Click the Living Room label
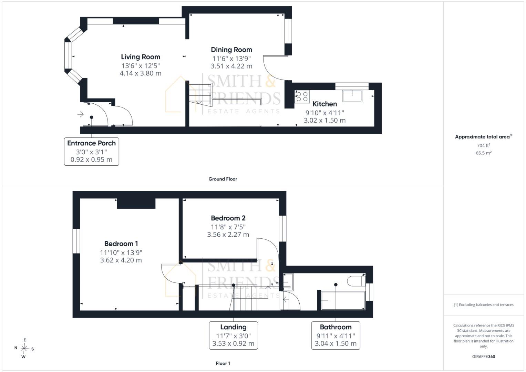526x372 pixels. pyautogui.click(x=141, y=57)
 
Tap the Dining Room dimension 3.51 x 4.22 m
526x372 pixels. pyautogui.click(x=231, y=66)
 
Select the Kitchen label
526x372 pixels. pyautogui.click(x=325, y=104)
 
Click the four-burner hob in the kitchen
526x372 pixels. pyautogui.click(x=302, y=97)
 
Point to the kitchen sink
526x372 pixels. pyautogui.click(x=352, y=96)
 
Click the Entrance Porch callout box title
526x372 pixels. pyautogui.click(x=91, y=143)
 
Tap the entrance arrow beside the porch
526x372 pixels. pyautogui.click(x=81, y=114)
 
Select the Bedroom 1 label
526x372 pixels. pyautogui.click(x=121, y=244)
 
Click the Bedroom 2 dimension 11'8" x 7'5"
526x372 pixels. pyautogui.click(x=228, y=227)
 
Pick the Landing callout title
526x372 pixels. pyautogui.click(x=234, y=327)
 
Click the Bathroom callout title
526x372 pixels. pyautogui.click(x=336, y=327)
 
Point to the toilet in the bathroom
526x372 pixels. pyautogui.click(x=356, y=281)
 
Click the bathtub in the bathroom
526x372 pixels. pyautogui.click(x=343, y=301)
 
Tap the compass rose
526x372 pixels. pyautogui.click(x=24, y=349)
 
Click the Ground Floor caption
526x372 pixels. pyautogui.click(x=223, y=179)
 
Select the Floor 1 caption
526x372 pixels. pyautogui.click(x=223, y=363)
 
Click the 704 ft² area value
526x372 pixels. pyautogui.click(x=484, y=145)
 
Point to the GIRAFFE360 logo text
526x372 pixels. pyautogui.click(x=484, y=356)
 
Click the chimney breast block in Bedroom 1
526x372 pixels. pyautogui.click(x=136, y=203)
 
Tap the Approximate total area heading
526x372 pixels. pyautogui.click(x=484, y=137)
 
